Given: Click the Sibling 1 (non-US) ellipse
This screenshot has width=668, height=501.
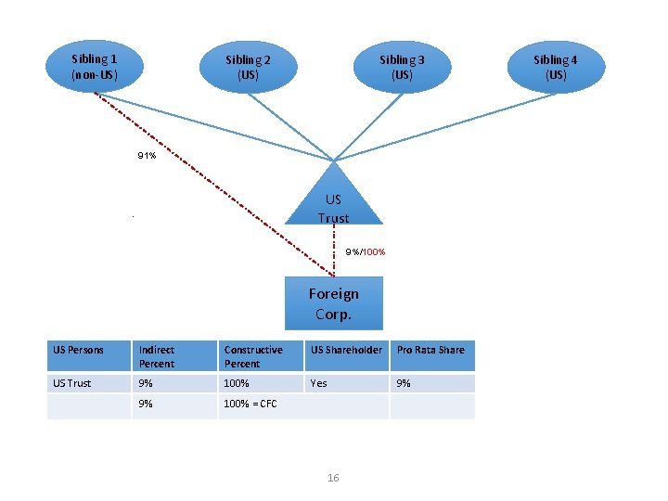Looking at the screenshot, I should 94,66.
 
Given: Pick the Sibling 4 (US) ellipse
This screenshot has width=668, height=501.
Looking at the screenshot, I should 556,67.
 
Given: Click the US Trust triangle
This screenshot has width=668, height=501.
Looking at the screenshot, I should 333,202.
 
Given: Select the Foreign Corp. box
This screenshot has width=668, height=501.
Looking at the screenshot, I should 333,303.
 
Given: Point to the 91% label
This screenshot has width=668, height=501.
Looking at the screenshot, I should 147,156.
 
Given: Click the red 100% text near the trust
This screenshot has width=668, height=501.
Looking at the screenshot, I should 374,252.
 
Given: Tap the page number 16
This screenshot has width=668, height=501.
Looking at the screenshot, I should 333,478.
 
